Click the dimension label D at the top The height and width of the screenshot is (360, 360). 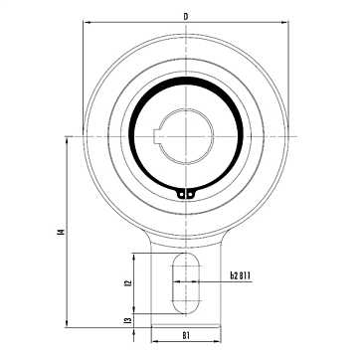(x=186, y=17)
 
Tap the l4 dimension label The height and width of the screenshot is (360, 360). (x=61, y=232)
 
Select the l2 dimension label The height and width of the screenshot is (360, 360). (x=128, y=282)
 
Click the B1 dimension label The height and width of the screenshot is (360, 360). (x=186, y=335)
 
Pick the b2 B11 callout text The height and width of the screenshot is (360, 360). (x=240, y=275)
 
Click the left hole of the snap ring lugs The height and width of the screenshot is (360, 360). (x=181, y=195)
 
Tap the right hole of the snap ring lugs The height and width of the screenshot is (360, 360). (x=190, y=195)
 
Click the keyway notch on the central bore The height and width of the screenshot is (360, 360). (x=157, y=136)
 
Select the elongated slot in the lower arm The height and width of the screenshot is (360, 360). (x=186, y=283)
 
